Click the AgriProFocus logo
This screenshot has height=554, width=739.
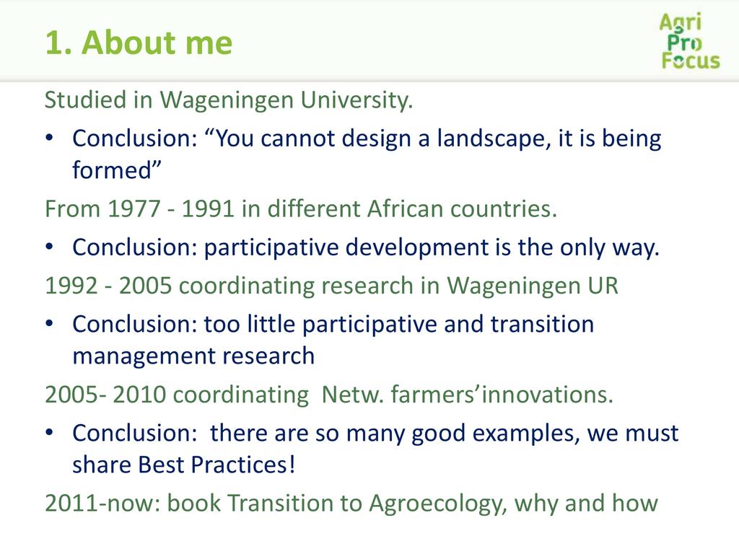click(690, 41)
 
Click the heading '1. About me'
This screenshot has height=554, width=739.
click(139, 43)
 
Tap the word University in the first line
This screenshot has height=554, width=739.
click(357, 100)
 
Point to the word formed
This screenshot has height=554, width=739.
click(116, 170)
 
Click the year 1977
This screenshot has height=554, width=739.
click(134, 208)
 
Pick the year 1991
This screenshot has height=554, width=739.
click(208, 208)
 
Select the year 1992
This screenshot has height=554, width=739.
click(71, 286)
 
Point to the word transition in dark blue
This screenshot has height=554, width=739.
click(542, 325)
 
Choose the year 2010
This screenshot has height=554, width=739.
click(139, 395)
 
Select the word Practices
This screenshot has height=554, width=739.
click(243, 465)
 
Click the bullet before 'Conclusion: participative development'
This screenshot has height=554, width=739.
click(50, 247)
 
